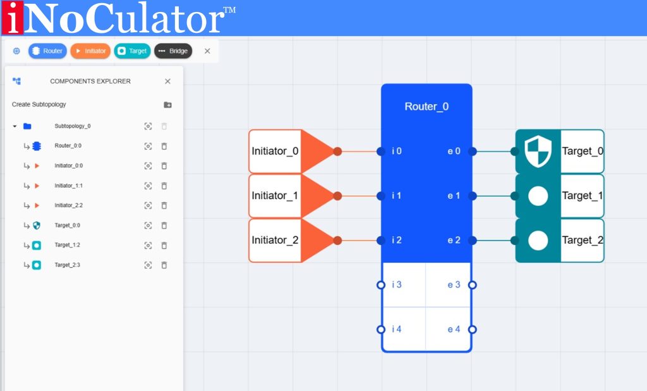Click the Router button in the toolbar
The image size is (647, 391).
47,51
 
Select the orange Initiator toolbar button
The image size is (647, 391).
90,51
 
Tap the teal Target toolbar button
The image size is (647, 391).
132,51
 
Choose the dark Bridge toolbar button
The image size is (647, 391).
173,51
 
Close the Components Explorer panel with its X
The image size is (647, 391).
167,81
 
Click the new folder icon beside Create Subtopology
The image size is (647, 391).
167,105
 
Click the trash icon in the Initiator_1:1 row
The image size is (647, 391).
164,186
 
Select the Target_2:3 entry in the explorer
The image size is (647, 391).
67,265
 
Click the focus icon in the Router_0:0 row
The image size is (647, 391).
148,146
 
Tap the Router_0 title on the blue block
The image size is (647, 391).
426,106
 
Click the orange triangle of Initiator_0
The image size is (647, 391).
315,152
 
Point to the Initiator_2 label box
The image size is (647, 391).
275,240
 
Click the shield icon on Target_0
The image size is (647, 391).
538,152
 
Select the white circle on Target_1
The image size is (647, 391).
538,196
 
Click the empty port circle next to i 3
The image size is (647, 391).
380,285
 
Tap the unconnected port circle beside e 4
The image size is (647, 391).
472,329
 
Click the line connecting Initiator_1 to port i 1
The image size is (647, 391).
359,196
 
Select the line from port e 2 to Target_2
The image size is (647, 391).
493,240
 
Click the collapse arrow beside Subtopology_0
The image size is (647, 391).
15,126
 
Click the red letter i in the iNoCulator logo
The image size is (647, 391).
12,18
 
